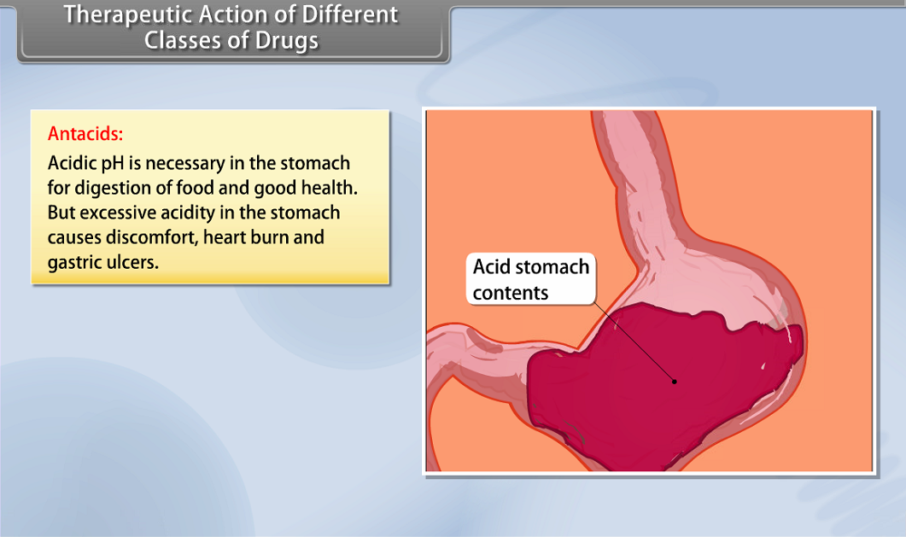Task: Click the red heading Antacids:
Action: pyautogui.click(x=85, y=134)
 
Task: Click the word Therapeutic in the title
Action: pyautogui.click(x=128, y=15)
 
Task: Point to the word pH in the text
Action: pyautogui.click(x=113, y=163)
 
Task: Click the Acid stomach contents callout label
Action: pyautogui.click(x=530, y=279)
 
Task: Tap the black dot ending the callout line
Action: pyautogui.click(x=675, y=382)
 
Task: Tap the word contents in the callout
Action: pyautogui.click(x=510, y=293)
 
